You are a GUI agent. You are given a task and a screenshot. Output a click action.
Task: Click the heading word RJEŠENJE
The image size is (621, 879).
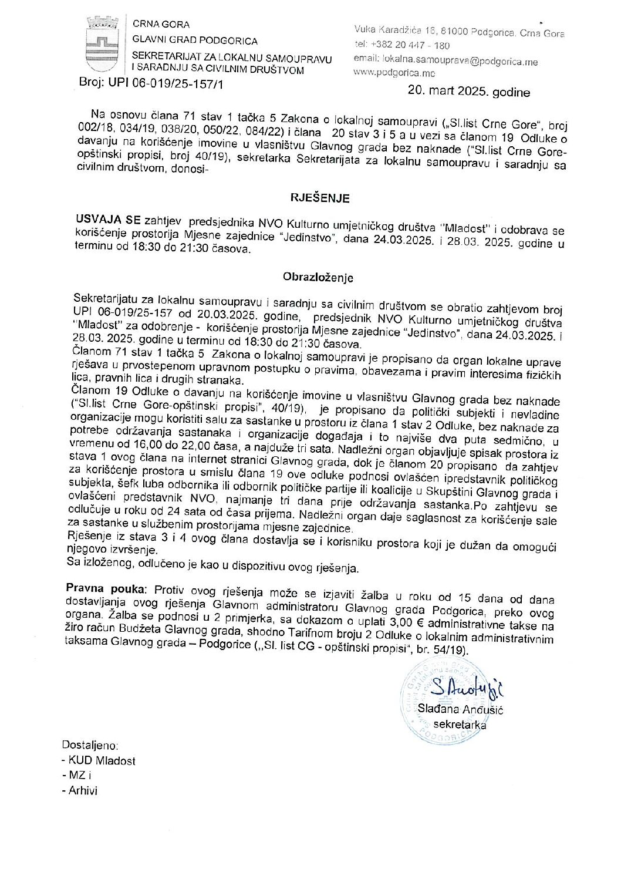click(x=321, y=198)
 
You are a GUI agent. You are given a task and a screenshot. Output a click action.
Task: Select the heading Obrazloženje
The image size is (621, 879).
click(x=318, y=277)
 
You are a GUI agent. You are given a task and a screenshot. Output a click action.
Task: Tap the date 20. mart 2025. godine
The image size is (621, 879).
click(x=468, y=92)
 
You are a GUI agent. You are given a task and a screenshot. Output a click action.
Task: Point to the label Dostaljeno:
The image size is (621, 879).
click(x=90, y=745)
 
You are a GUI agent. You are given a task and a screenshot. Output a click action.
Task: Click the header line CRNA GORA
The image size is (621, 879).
click(x=161, y=24)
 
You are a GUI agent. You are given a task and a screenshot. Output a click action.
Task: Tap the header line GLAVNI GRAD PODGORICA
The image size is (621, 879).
click(x=195, y=41)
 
